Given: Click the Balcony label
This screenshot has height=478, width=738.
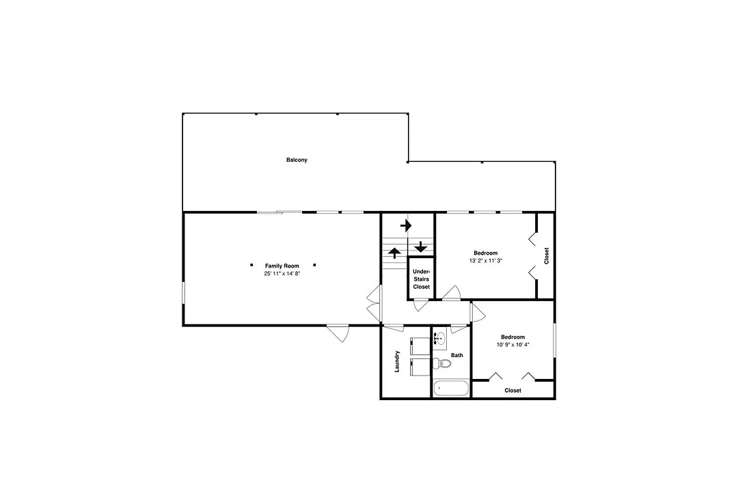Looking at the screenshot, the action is [x=297, y=160].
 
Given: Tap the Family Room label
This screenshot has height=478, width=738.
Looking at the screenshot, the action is [x=282, y=266].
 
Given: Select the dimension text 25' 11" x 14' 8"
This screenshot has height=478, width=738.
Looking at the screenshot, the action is [x=282, y=273].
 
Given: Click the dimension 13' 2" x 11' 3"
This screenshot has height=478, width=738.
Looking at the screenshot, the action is [x=486, y=260].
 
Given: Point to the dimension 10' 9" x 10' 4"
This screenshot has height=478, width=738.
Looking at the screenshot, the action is [x=512, y=344].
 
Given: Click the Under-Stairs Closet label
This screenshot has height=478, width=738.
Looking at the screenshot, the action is [x=421, y=279].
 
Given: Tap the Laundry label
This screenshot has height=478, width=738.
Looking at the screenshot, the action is [x=397, y=361].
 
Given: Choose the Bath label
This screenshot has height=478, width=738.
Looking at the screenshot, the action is [x=457, y=355].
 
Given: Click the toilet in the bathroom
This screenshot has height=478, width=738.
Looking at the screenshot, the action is [x=441, y=364].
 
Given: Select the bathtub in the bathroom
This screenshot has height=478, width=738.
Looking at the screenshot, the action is [x=451, y=389].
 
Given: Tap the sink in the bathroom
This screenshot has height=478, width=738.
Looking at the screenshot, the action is [x=439, y=338].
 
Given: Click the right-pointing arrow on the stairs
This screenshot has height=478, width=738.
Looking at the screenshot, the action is [x=406, y=226].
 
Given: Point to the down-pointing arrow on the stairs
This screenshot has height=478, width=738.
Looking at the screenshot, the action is [x=421, y=247].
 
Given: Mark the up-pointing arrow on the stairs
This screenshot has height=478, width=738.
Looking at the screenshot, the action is [x=394, y=253].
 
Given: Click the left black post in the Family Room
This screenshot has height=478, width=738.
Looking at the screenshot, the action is [x=251, y=265].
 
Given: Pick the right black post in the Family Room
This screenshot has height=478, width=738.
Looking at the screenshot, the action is [x=314, y=265].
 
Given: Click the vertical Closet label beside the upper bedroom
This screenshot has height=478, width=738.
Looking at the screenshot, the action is [x=547, y=256].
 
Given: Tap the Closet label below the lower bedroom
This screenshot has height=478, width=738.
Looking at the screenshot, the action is [x=512, y=391].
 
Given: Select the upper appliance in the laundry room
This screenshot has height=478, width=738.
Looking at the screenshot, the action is [x=420, y=346].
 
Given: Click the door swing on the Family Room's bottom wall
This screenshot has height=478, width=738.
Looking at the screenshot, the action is [x=340, y=333].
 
